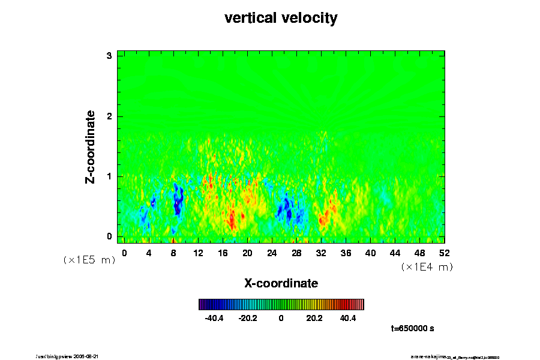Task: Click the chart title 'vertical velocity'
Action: (x=281, y=18)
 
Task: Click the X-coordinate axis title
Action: (x=281, y=283)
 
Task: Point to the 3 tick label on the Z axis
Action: (x=109, y=56)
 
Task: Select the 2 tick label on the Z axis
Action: (x=109, y=116)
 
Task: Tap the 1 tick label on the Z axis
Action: (x=109, y=176)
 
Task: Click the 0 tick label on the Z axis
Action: (x=109, y=236)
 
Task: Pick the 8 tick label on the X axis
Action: (x=173, y=253)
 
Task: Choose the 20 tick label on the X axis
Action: (x=247, y=253)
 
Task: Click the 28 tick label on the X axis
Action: (x=296, y=253)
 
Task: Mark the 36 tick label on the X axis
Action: (x=346, y=253)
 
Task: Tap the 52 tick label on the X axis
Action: (x=445, y=253)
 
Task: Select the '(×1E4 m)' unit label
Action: (x=427, y=267)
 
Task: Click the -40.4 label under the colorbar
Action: (x=214, y=318)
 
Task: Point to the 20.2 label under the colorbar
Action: (x=314, y=318)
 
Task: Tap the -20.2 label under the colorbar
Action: (x=247, y=318)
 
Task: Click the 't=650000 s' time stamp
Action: (x=412, y=328)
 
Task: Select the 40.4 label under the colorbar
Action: (x=348, y=318)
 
